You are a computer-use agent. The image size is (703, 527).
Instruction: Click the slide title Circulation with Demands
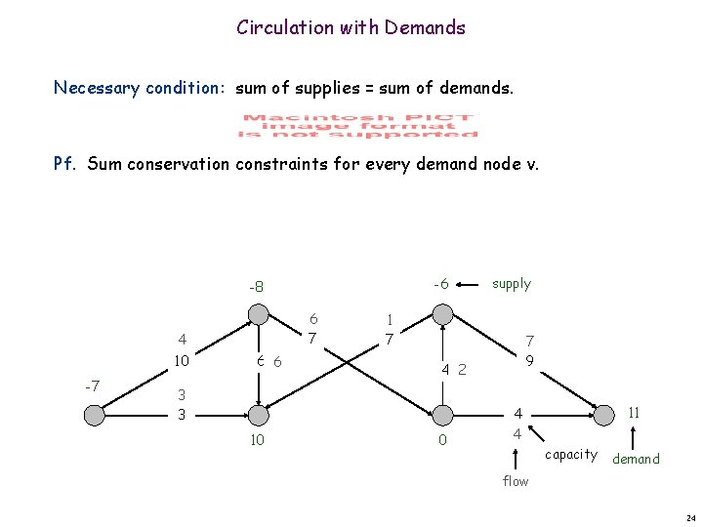[x=351, y=27]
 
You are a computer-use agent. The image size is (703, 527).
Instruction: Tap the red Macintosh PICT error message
[x=358, y=125]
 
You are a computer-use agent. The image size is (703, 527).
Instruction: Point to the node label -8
[x=257, y=287]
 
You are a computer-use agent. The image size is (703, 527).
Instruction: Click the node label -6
[x=440, y=284]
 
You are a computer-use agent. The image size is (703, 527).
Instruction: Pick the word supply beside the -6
[x=511, y=284]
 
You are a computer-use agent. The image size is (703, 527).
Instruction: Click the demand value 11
[x=634, y=413]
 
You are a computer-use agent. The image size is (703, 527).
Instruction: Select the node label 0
[x=442, y=441]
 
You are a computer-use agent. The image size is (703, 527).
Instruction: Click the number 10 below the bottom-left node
[x=257, y=441]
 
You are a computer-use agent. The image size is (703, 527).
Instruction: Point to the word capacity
[x=571, y=454]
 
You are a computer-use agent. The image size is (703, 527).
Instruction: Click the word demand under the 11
[x=636, y=459]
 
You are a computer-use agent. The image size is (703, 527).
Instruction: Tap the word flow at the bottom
[x=516, y=480]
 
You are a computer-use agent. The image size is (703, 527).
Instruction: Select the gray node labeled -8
[x=258, y=314]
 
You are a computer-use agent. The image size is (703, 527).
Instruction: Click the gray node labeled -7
[x=94, y=415]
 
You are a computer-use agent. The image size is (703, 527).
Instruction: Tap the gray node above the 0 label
[x=442, y=415]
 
